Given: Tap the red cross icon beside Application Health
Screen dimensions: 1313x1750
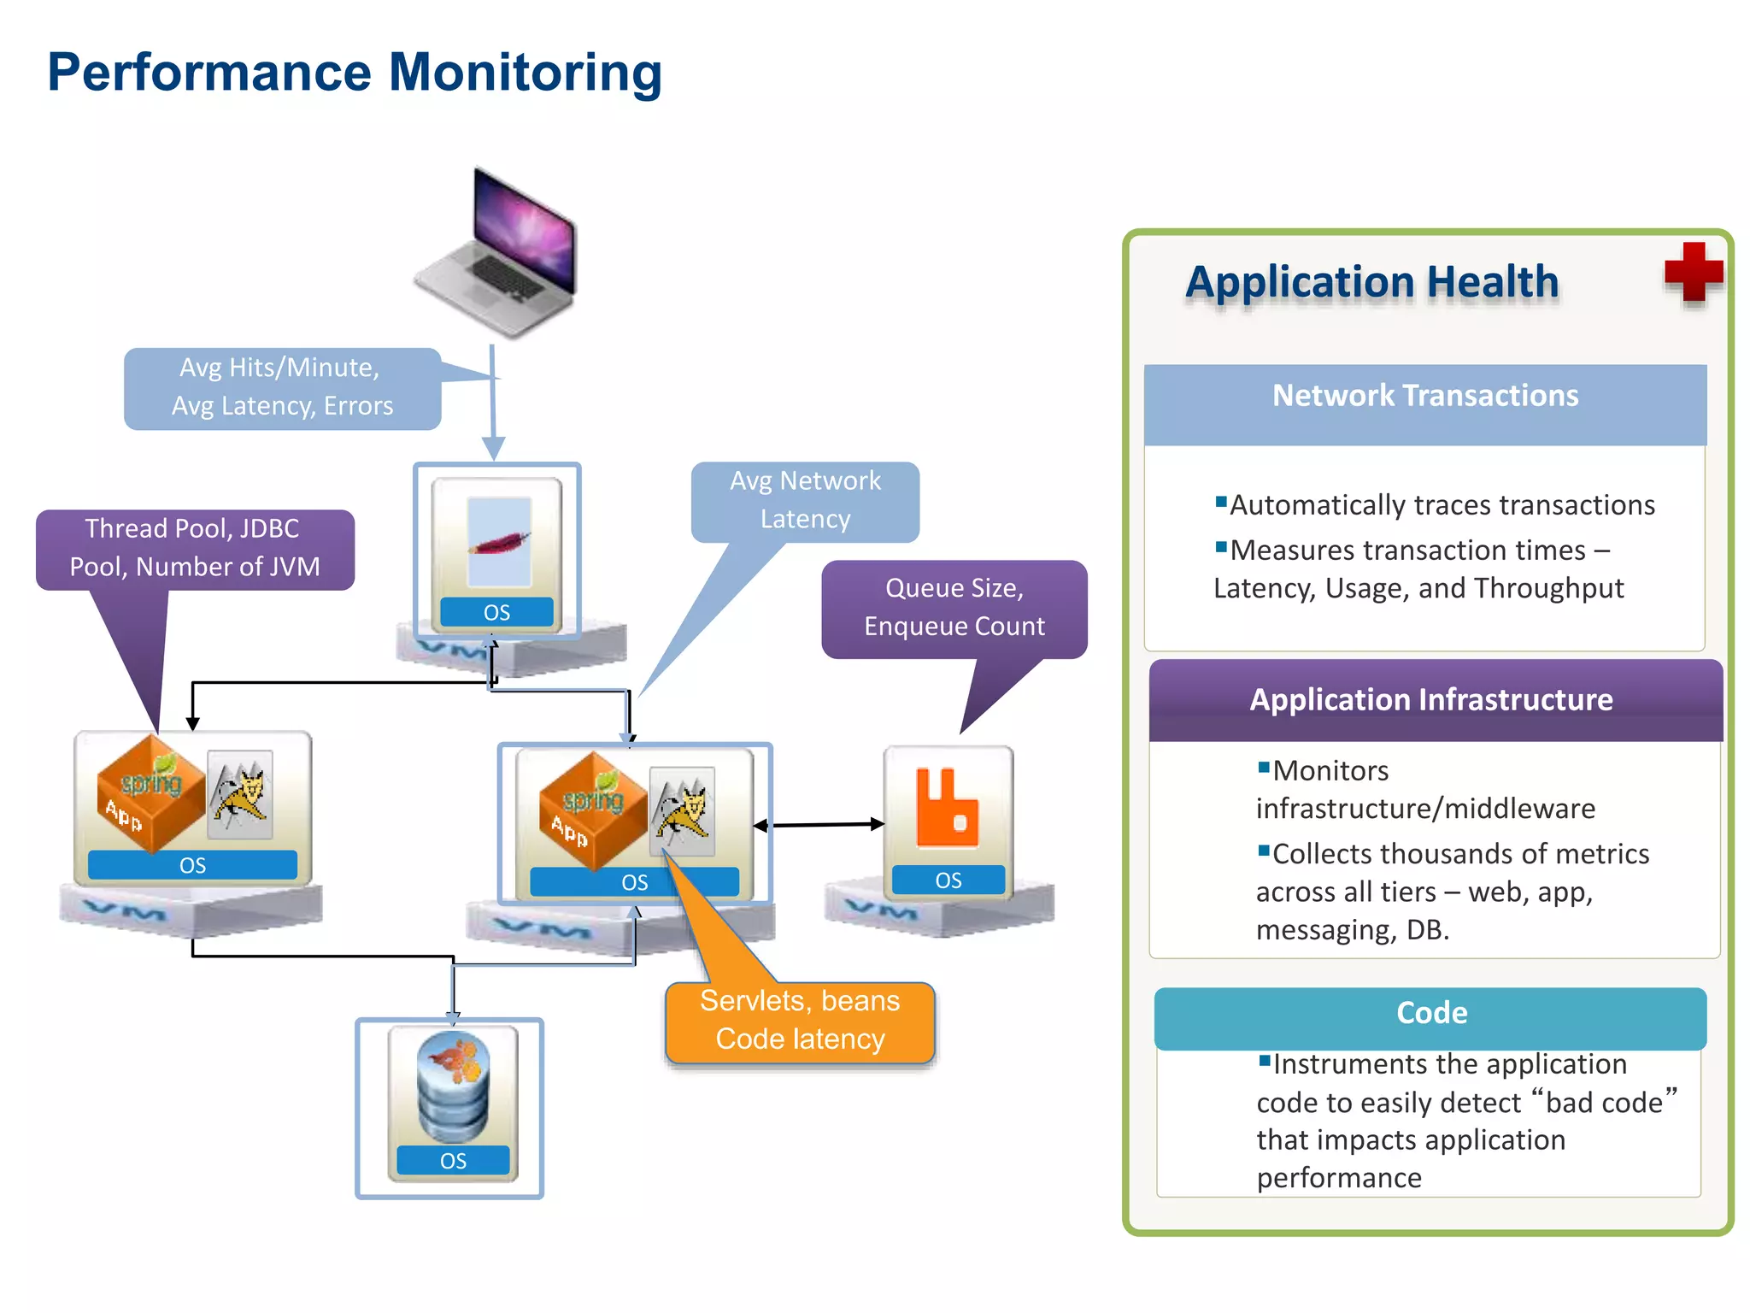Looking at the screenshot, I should coord(1693,273).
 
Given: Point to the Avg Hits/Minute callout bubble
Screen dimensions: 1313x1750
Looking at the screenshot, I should coord(282,387).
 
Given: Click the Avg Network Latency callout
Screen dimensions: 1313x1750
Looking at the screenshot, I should coord(804,501).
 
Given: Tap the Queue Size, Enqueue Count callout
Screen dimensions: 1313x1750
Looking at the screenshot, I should coord(954,608).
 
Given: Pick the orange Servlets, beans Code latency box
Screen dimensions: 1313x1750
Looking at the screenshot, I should coord(800,1022).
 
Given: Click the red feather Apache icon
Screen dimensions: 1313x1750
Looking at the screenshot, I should coord(499,542).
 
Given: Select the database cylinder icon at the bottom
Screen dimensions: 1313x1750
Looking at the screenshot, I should coord(453,1086).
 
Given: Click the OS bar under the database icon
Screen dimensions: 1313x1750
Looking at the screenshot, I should coord(453,1161).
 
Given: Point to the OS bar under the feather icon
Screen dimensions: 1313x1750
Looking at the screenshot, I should coord(496,612).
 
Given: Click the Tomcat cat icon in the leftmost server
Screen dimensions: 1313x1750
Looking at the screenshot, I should coord(241,794).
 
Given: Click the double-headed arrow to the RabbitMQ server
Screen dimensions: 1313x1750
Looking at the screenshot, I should coord(819,825).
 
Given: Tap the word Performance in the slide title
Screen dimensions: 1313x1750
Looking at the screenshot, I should coord(209,73).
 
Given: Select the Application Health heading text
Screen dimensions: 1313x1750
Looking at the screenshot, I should coord(1371,282).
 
